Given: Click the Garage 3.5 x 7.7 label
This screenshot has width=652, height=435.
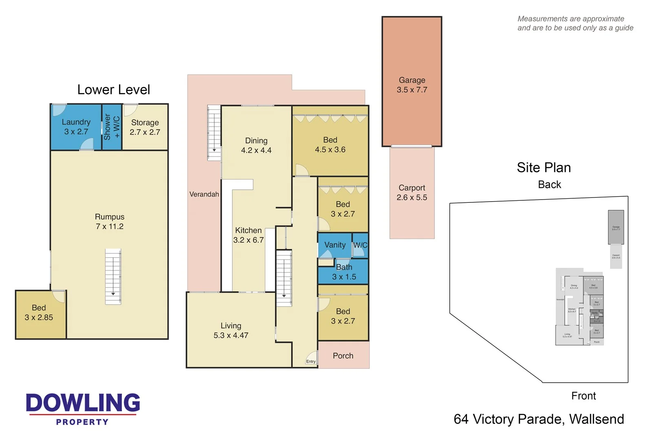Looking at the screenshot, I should click(x=412, y=85).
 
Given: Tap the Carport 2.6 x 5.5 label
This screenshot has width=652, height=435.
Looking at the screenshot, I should click(x=412, y=193).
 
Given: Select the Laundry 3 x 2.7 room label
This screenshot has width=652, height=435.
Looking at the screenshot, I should click(x=76, y=127).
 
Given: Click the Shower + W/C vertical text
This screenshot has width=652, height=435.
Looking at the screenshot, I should click(x=112, y=127).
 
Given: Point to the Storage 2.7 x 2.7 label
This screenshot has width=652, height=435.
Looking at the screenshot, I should click(x=145, y=127).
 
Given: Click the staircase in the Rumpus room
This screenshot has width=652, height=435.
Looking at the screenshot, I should click(x=113, y=276).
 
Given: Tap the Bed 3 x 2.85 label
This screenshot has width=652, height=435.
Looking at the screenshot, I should click(x=39, y=313).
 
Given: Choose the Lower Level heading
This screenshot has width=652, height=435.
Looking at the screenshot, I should click(x=114, y=90).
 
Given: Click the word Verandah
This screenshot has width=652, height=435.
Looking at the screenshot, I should click(x=204, y=194).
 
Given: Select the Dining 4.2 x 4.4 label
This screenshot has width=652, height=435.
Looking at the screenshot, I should click(x=256, y=145).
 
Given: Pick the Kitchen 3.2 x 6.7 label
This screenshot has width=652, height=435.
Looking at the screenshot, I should click(x=248, y=235).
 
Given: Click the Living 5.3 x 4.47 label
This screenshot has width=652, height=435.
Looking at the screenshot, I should click(x=231, y=331).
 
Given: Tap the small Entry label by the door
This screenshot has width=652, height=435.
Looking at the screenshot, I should click(x=311, y=362).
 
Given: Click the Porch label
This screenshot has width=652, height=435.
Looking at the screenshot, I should click(x=343, y=356).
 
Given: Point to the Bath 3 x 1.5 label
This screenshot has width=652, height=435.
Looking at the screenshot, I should click(x=344, y=272).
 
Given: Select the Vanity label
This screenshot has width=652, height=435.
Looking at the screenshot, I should click(x=335, y=245).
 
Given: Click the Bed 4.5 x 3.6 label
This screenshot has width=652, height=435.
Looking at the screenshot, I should click(x=330, y=145).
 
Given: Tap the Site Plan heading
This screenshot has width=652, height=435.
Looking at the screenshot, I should click(x=544, y=168).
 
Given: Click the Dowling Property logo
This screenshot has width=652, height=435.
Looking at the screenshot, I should click(x=83, y=408).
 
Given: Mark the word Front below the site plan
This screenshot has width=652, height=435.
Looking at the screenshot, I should click(x=583, y=396).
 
